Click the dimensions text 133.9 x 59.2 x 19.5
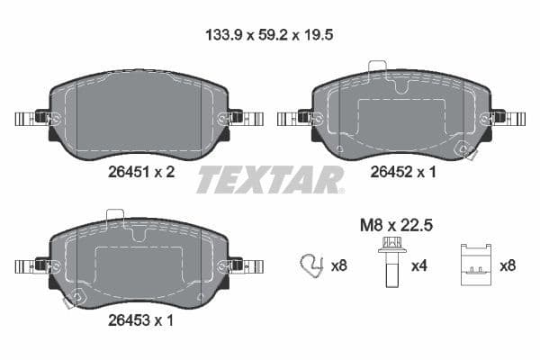click(271, 36)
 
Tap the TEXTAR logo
click(270, 180)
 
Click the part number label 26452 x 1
click(400, 174)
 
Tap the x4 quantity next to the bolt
click(419, 265)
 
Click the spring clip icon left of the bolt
click(311, 265)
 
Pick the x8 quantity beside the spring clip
click(339, 265)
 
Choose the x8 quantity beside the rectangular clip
click(507, 265)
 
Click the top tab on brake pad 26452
click(377, 67)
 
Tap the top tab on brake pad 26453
click(115, 216)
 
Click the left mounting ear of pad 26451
click(31, 118)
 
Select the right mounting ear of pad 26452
click(508, 118)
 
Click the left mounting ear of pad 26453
click(31, 265)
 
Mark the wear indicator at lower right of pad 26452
click(465, 151)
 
